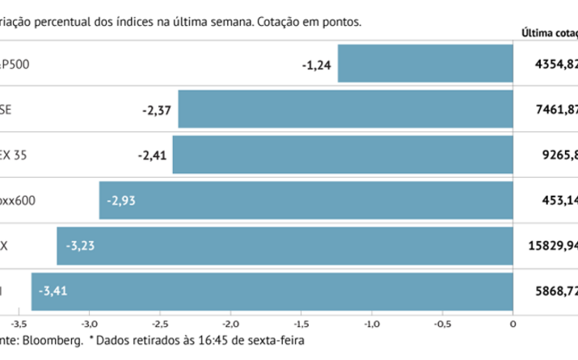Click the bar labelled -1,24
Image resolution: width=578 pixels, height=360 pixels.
425,63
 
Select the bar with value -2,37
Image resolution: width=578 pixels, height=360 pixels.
345,109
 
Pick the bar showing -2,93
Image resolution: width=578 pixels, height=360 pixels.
306,200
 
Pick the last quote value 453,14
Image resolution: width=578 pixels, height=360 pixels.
559,200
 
